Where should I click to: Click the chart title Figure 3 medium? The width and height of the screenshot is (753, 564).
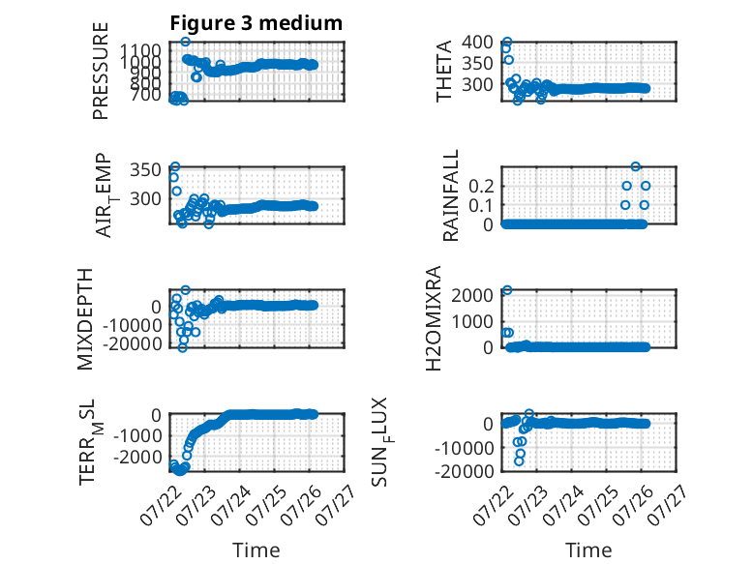(256, 23)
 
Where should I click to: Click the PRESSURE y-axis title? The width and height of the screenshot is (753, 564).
(101, 71)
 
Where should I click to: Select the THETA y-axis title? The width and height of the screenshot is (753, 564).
(444, 71)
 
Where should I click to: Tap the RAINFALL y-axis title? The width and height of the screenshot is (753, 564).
(450, 195)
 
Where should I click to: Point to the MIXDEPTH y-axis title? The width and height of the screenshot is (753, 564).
(85, 319)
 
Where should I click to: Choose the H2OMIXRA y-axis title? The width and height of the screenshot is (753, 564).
(434, 318)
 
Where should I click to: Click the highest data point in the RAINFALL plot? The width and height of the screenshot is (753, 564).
(636, 166)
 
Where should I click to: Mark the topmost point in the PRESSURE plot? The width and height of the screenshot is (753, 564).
(186, 42)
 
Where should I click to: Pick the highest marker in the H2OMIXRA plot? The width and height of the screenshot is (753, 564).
(507, 290)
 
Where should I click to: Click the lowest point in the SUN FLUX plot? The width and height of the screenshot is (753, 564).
(519, 461)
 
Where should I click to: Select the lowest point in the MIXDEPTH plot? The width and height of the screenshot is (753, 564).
(182, 347)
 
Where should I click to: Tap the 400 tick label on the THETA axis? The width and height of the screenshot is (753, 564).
(477, 43)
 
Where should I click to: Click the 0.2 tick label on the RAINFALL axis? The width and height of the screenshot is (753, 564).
(482, 186)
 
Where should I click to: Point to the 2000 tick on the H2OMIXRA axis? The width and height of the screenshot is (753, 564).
(472, 295)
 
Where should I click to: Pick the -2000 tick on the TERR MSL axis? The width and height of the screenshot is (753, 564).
(137, 457)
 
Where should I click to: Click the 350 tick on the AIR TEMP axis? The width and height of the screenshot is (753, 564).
(145, 170)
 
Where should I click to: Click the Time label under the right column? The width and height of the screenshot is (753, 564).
(588, 550)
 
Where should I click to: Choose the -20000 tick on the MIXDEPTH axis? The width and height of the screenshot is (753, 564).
(132, 344)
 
